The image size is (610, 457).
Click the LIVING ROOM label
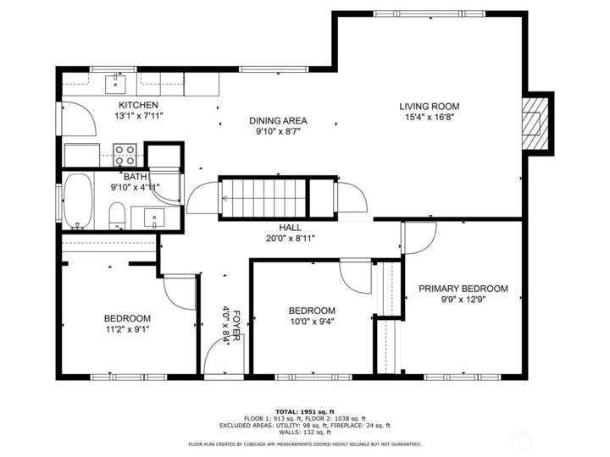429,106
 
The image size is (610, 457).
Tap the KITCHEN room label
138,105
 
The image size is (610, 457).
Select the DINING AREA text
278,121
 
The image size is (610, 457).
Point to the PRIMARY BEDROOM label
463,289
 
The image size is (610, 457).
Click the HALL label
291,228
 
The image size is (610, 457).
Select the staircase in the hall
264,198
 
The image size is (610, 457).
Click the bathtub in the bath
78,201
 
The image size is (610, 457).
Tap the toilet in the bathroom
116,216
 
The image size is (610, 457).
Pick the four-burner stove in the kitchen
125,155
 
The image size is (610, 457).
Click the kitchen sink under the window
115,85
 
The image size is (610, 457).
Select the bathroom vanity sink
154,217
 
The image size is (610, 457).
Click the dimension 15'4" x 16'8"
430,117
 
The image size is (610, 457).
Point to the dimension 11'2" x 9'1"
128,329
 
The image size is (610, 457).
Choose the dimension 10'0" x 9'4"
312,322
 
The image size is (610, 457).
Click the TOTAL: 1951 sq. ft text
305,411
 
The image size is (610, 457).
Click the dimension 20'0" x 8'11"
291,238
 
